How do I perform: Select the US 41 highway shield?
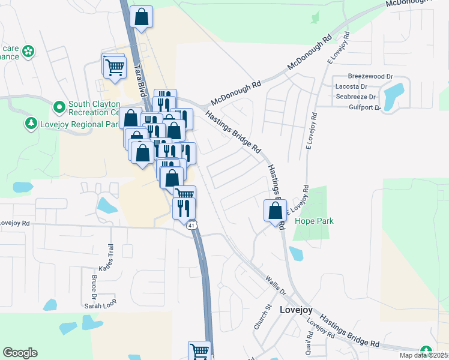tap(191, 225)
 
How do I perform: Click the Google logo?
tap(20, 353)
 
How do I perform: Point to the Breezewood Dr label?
tap(370, 77)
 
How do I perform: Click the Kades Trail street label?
tap(110, 257)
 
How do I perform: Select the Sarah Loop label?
tap(100, 305)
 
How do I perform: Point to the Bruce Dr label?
tap(94, 287)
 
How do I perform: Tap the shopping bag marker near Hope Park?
tap(275, 211)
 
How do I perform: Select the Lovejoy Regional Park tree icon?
tap(31, 124)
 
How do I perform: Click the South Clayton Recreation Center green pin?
tap(59, 107)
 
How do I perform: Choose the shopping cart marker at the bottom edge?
tap(199, 350)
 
